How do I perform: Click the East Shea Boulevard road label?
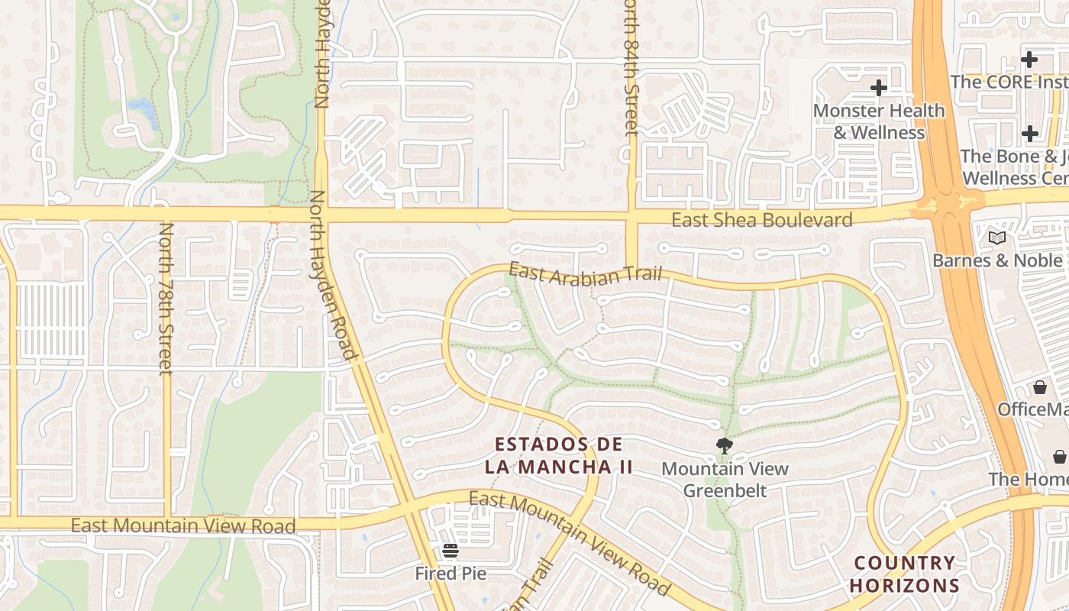click(x=761, y=221)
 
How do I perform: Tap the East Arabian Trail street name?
click(x=585, y=274)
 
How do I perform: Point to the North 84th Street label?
click(x=631, y=69)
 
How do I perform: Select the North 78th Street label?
click(x=166, y=299)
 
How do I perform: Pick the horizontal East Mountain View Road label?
click(x=183, y=525)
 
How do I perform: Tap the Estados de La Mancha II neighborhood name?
click(x=558, y=455)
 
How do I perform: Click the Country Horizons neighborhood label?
click(x=905, y=574)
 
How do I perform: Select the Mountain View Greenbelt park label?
click(x=725, y=479)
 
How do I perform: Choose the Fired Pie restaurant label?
click(x=451, y=573)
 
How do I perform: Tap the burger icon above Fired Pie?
click(x=450, y=550)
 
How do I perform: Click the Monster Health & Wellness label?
click(x=879, y=121)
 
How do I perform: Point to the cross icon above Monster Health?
click(x=879, y=88)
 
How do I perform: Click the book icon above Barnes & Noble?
click(x=997, y=238)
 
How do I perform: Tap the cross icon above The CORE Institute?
click(x=1029, y=59)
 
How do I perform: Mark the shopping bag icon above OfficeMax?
click(x=1039, y=387)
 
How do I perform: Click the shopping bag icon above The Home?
click(x=1060, y=457)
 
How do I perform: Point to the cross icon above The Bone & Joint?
click(x=1030, y=134)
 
